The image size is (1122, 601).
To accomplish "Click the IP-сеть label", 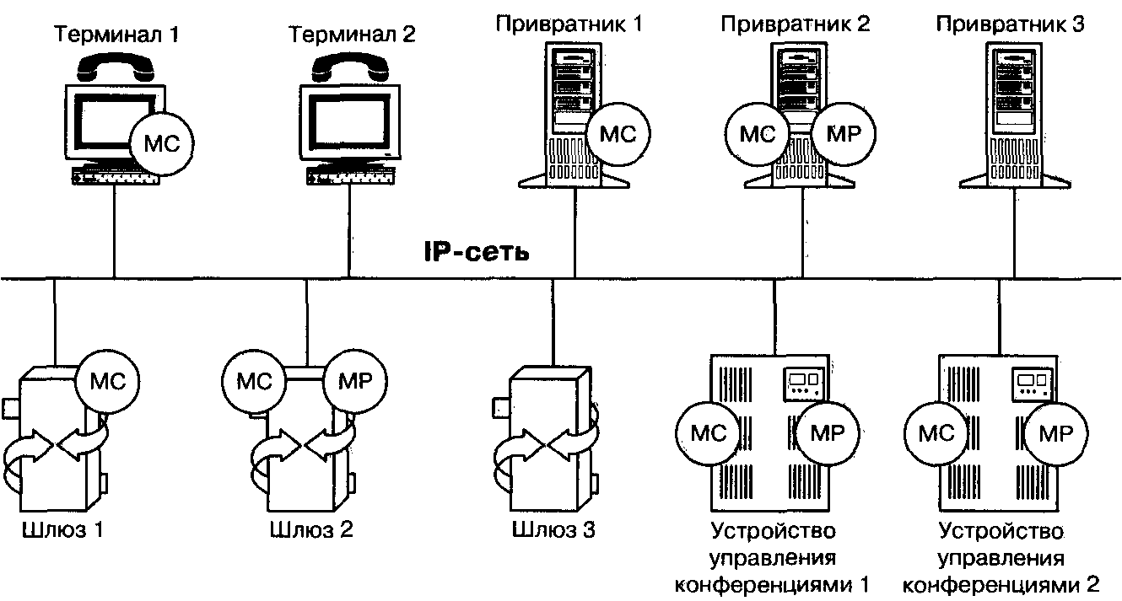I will [477, 251].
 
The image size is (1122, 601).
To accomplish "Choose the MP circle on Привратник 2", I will [844, 133].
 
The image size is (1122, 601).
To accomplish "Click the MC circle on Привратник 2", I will [757, 133].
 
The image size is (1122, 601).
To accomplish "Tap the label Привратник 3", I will [1010, 24].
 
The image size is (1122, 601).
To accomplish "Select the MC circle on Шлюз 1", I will [106, 379].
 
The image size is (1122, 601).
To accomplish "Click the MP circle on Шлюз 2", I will [353, 380].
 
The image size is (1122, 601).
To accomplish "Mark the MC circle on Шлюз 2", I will [253, 380].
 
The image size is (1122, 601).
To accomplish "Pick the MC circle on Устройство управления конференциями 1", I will [708, 433].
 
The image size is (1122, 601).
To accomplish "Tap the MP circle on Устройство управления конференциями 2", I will [1055, 433].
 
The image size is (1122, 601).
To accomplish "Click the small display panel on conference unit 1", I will [801, 384].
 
